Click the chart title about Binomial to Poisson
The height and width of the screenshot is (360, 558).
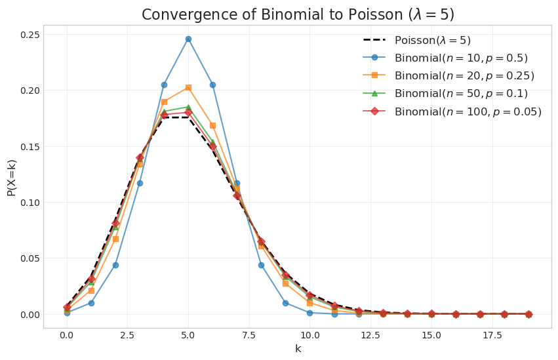pyautogui.click(x=298, y=14)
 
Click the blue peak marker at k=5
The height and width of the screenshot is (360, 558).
pyautogui.click(x=188, y=39)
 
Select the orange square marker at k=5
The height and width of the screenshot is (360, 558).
pyautogui.click(x=188, y=87)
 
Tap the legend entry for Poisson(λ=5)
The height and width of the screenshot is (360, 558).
pyautogui.click(x=433, y=41)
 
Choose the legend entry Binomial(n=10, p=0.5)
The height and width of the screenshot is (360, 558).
pyautogui.click(x=461, y=58)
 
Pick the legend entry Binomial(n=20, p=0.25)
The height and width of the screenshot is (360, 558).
pyautogui.click(x=464, y=76)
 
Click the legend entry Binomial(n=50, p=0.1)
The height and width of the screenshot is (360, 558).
pyautogui.click(x=461, y=94)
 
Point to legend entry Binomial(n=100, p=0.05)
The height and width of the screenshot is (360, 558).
pyautogui.click(x=468, y=111)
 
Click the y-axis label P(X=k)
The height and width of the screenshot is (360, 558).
pyautogui.click(x=12, y=177)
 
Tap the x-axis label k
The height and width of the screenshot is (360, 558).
pyautogui.click(x=298, y=349)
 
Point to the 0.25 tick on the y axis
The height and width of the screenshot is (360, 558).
pyautogui.click(x=30, y=34)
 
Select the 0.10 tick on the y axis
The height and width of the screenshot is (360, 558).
pyautogui.click(x=30, y=202)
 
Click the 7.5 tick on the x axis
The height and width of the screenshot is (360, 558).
pyautogui.click(x=249, y=334)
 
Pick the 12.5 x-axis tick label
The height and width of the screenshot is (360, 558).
pyautogui.click(x=370, y=334)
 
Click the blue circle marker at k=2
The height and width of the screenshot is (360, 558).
pyautogui.click(x=115, y=265)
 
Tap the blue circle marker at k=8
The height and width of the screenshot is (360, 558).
pyautogui.click(x=261, y=265)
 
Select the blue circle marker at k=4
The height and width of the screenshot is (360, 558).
pyautogui.click(x=164, y=85)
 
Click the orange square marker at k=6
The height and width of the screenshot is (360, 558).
pyautogui.click(x=212, y=125)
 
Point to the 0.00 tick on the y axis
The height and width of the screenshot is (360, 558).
pyautogui.click(x=30, y=314)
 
